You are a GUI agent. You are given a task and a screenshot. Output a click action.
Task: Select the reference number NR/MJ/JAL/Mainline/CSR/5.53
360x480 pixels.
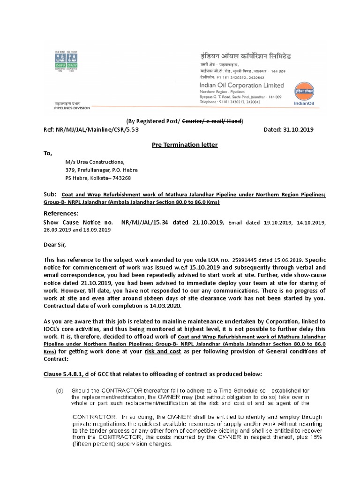point(91,129)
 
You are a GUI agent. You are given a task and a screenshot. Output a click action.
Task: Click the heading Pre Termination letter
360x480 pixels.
point(185,145)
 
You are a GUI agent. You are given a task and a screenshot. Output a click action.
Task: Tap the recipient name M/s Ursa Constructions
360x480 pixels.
point(95,162)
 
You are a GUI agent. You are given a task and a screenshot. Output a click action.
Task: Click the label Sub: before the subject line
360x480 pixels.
point(50,194)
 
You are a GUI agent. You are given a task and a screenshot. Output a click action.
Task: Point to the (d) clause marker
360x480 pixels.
point(60,390)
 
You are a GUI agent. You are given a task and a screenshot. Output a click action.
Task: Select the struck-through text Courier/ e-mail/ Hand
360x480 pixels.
point(211,121)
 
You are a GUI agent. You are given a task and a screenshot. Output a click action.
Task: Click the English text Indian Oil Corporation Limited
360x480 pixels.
point(241,85)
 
